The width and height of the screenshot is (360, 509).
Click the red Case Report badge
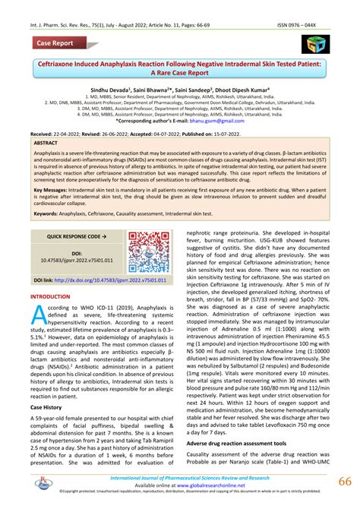pos(58,43)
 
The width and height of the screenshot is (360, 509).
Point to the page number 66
pos(344,483)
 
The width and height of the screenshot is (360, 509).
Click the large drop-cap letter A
pos(38,318)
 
